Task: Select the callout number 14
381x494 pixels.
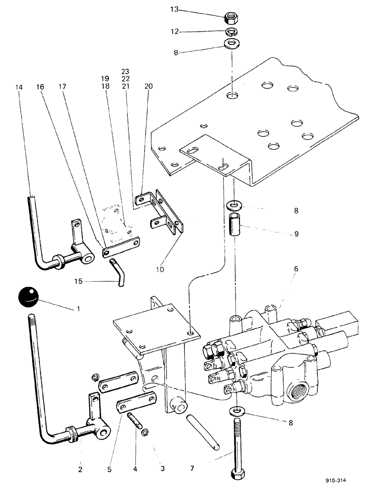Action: point(19,86)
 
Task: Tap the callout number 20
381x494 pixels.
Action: point(149,86)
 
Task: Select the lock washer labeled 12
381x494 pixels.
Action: point(230,33)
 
